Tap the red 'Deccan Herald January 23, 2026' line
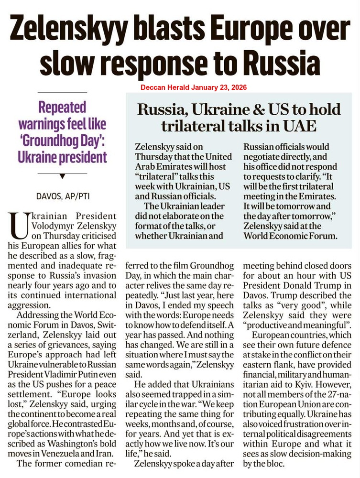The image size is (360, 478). click(x=194, y=88)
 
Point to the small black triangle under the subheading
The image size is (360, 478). click(x=62, y=176)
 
